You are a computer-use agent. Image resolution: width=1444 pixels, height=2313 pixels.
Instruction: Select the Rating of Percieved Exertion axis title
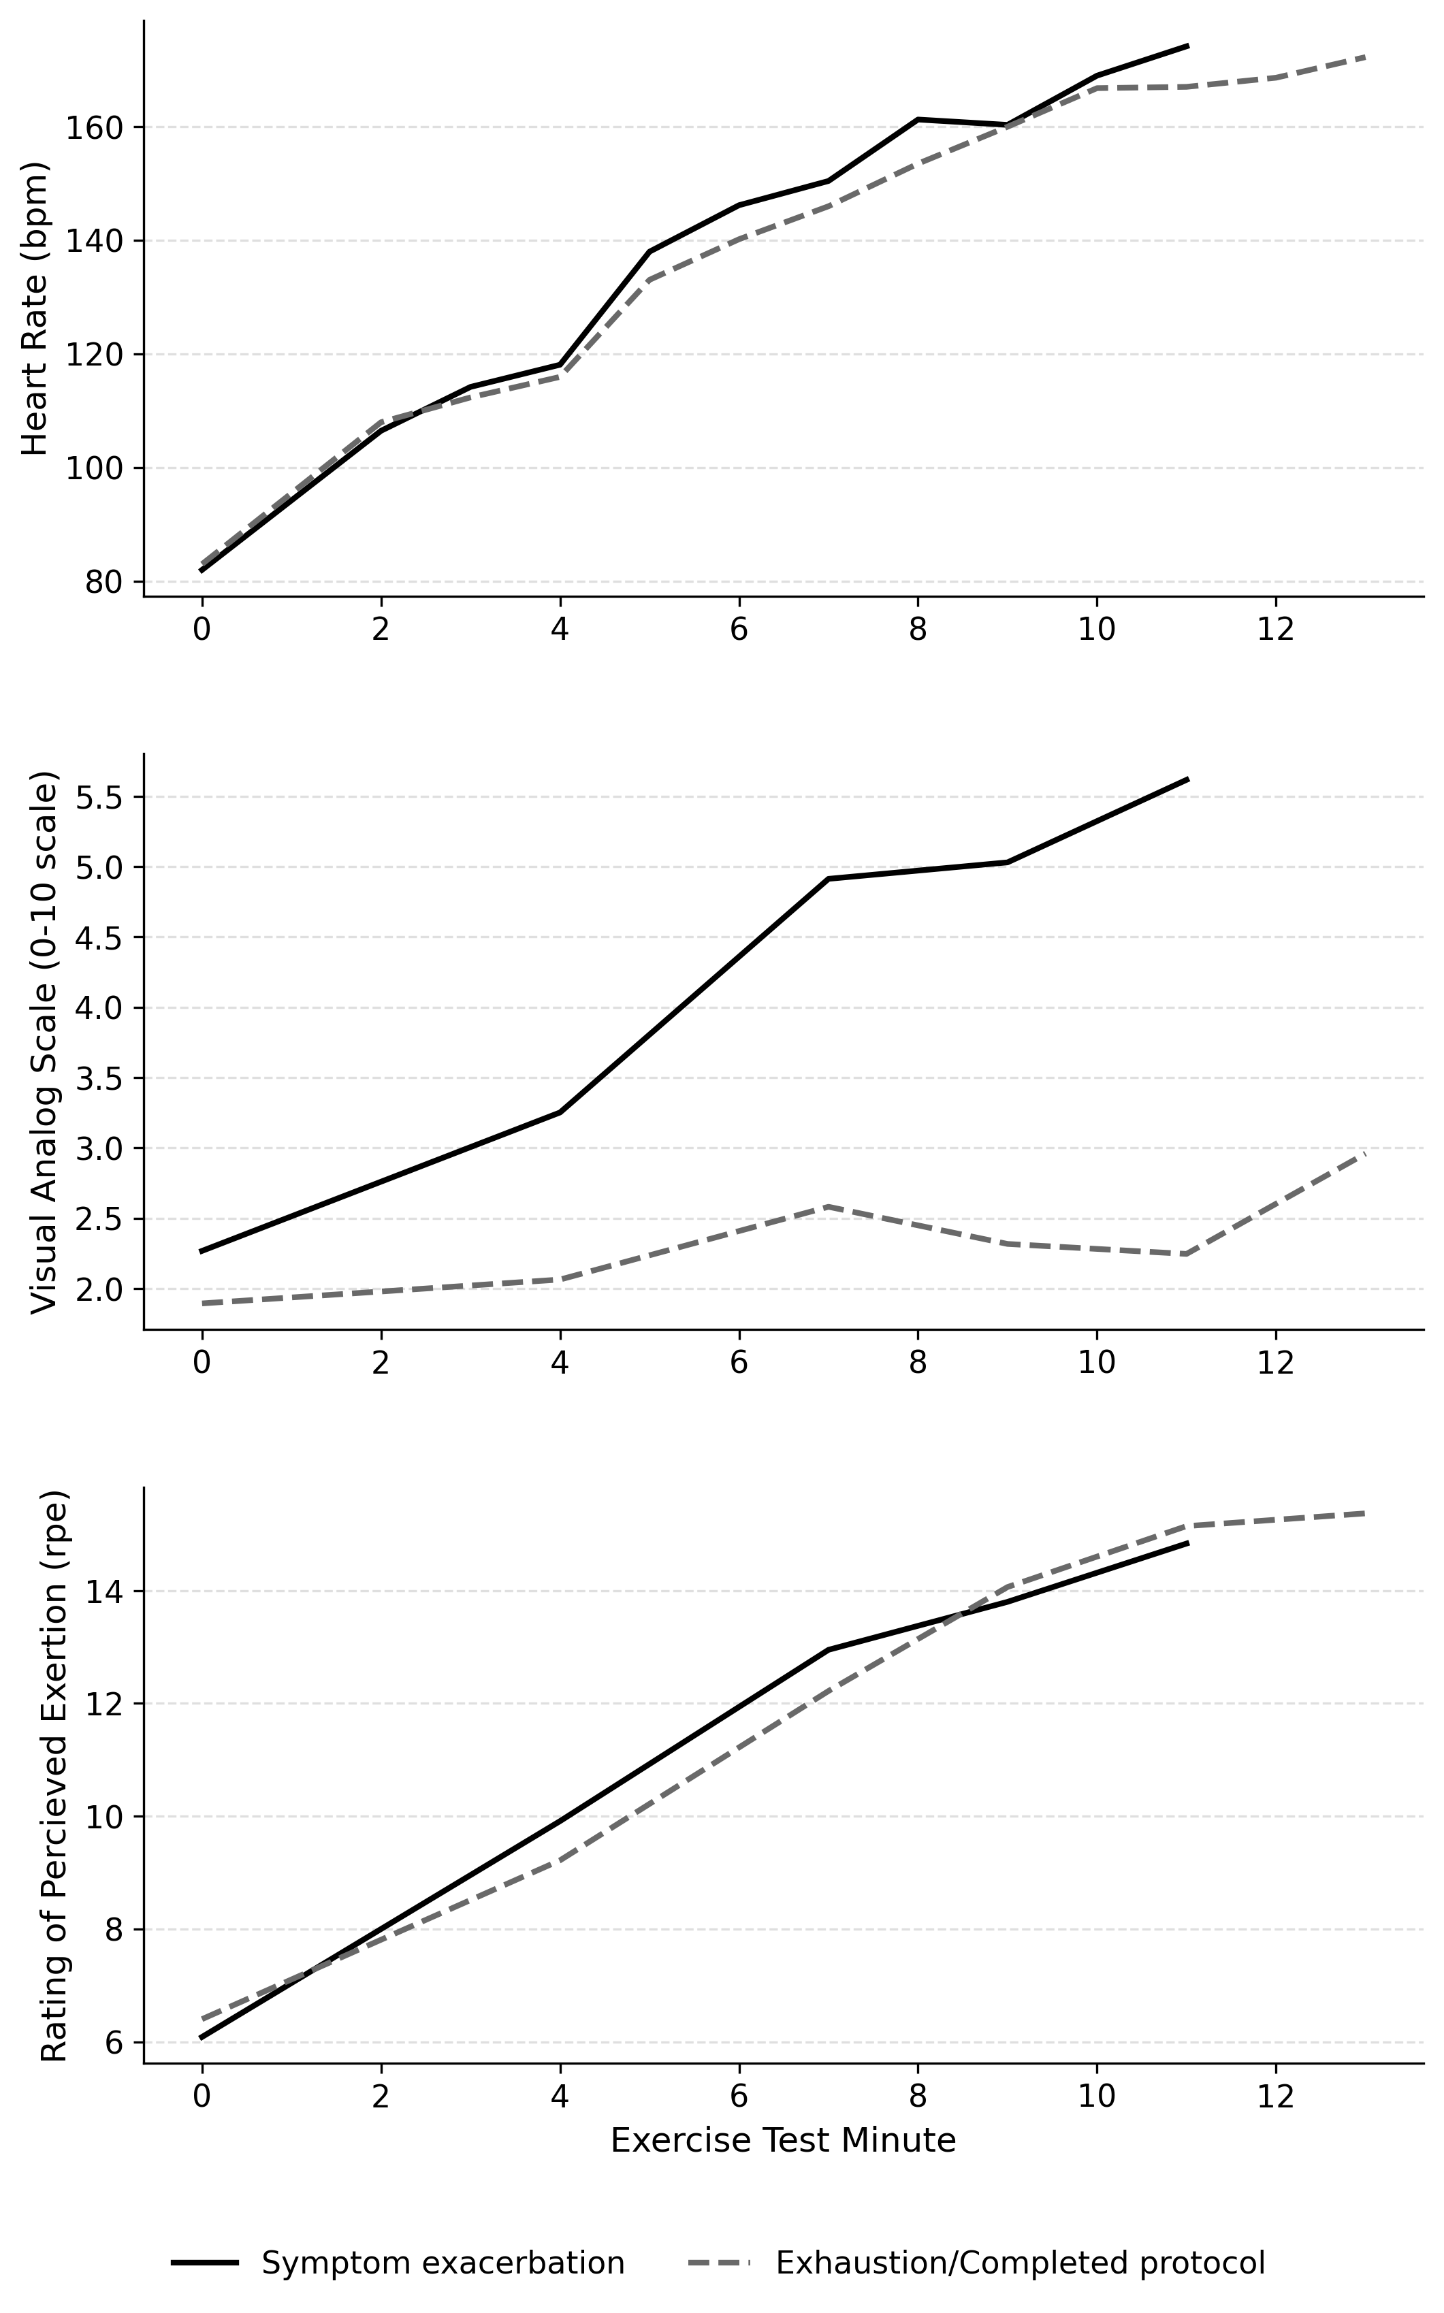[54, 1775]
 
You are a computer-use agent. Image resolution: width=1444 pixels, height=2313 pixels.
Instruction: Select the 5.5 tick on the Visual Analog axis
[99, 797]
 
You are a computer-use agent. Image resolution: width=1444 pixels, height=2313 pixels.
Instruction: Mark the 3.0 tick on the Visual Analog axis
[99, 1148]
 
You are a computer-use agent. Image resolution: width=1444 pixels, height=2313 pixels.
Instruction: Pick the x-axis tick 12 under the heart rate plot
[1275, 630]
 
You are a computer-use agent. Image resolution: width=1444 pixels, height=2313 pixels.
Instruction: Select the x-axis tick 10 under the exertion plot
[1096, 2097]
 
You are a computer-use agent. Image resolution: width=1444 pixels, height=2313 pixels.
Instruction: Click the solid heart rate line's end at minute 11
[1187, 46]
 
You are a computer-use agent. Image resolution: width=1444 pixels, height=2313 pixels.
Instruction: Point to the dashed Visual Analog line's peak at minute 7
[828, 1207]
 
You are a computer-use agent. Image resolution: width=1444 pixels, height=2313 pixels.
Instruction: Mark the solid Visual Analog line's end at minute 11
[1187, 779]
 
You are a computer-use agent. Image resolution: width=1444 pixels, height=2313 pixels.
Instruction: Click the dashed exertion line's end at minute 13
[1365, 1513]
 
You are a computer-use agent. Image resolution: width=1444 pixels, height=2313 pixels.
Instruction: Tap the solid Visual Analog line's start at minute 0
[202, 1250]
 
